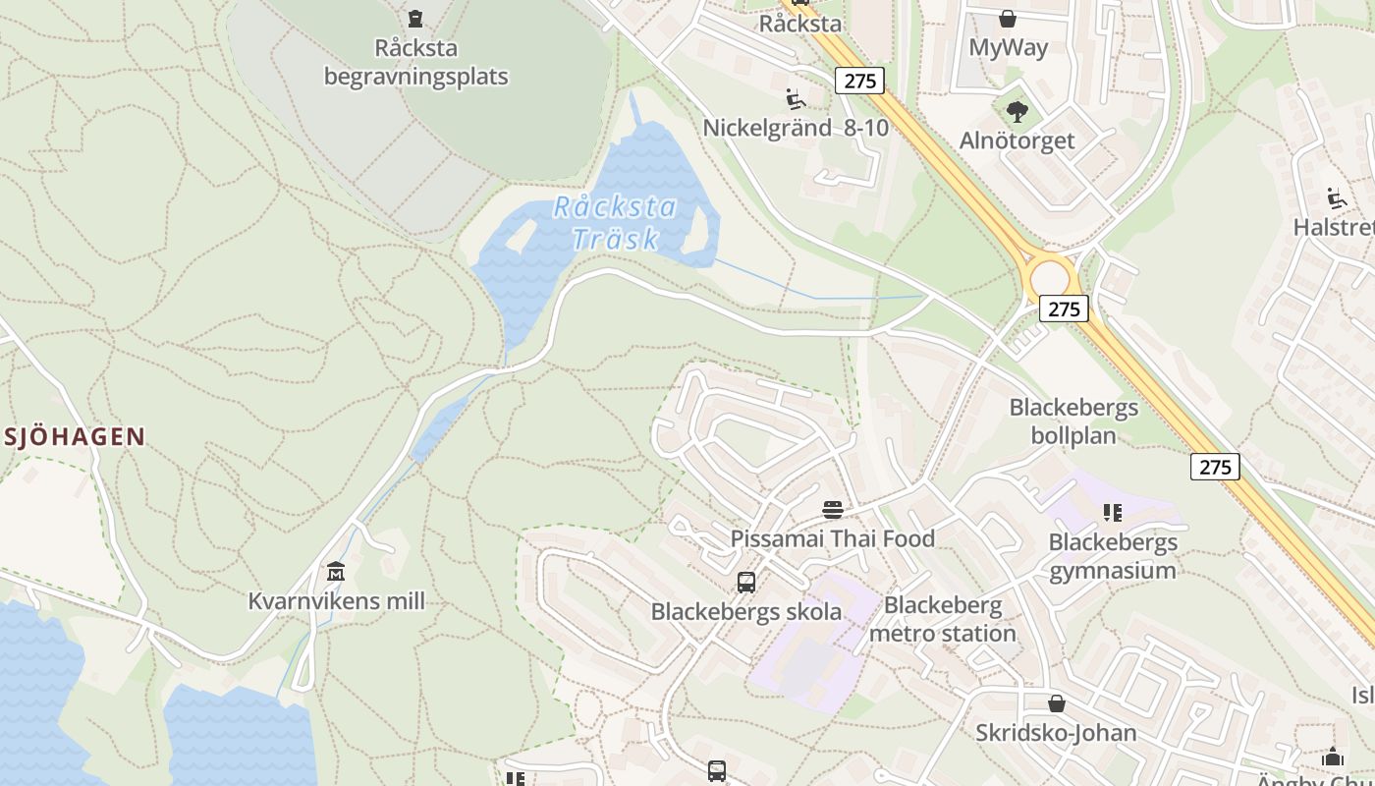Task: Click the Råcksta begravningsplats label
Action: pyautogui.click(x=416, y=62)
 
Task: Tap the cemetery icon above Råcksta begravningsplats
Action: pyautogui.click(x=415, y=18)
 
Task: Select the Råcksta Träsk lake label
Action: pyautogui.click(x=615, y=222)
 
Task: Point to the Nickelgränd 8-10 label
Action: pyautogui.click(x=796, y=128)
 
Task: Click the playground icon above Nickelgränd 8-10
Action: pyautogui.click(x=796, y=98)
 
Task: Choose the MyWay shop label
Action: pyautogui.click(x=1008, y=47)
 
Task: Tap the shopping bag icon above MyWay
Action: pyautogui.click(x=1008, y=18)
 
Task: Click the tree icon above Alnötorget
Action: pyautogui.click(x=1017, y=111)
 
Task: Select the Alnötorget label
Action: pyautogui.click(x=1017, y=140)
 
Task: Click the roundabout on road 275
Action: pyautogui.click(x=1049, y=277)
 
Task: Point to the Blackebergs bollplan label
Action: pyautogui.click(x=1073, y=421)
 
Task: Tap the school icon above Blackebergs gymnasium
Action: pyautogui.click(x=1113, y=512)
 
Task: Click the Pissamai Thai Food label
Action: pyautogui.click(x=832, y=538)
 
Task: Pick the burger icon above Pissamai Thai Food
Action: pyautogui.click(x=833, y=509)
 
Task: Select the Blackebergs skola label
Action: pyautogui.click(x=746, y=611)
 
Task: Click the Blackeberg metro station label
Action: pyautogui.click(x=943, y=619)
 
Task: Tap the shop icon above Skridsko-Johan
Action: pyautogui.click(x=1057, y=703)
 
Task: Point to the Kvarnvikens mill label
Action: pyautogui.click(x=337, y=600)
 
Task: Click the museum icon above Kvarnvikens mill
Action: pyautogui.click(x=336, y=571)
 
